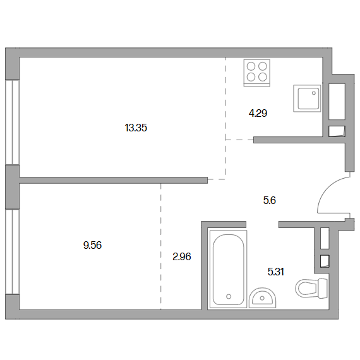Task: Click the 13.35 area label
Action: tap(136, 128)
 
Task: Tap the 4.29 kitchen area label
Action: tap(258, 113)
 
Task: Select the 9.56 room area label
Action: tap(92, 245)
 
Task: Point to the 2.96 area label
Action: tap(182, 256)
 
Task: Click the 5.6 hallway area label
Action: tap(269, 200)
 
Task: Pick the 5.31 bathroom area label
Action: tap(276, 272)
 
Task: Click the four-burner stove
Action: tap(256, 73)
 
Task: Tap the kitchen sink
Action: tap(307, 99)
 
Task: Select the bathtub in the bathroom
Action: tap(229, 269)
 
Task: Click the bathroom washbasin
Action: tap(263, 297)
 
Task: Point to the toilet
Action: tap(311, 289)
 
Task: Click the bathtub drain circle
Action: tap(229, 296)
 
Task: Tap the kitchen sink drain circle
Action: tap(314, 93)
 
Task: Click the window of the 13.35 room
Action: tap(13, 123)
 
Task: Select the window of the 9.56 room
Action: tap(13, 251)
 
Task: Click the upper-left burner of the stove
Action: tap(251, 66)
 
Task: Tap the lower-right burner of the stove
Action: tap(263, 77)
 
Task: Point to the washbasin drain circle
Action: tap(262, 298)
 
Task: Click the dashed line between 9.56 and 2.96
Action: tap(160, 246)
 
